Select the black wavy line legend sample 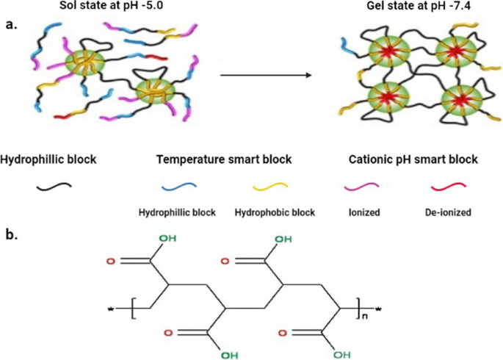54,185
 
